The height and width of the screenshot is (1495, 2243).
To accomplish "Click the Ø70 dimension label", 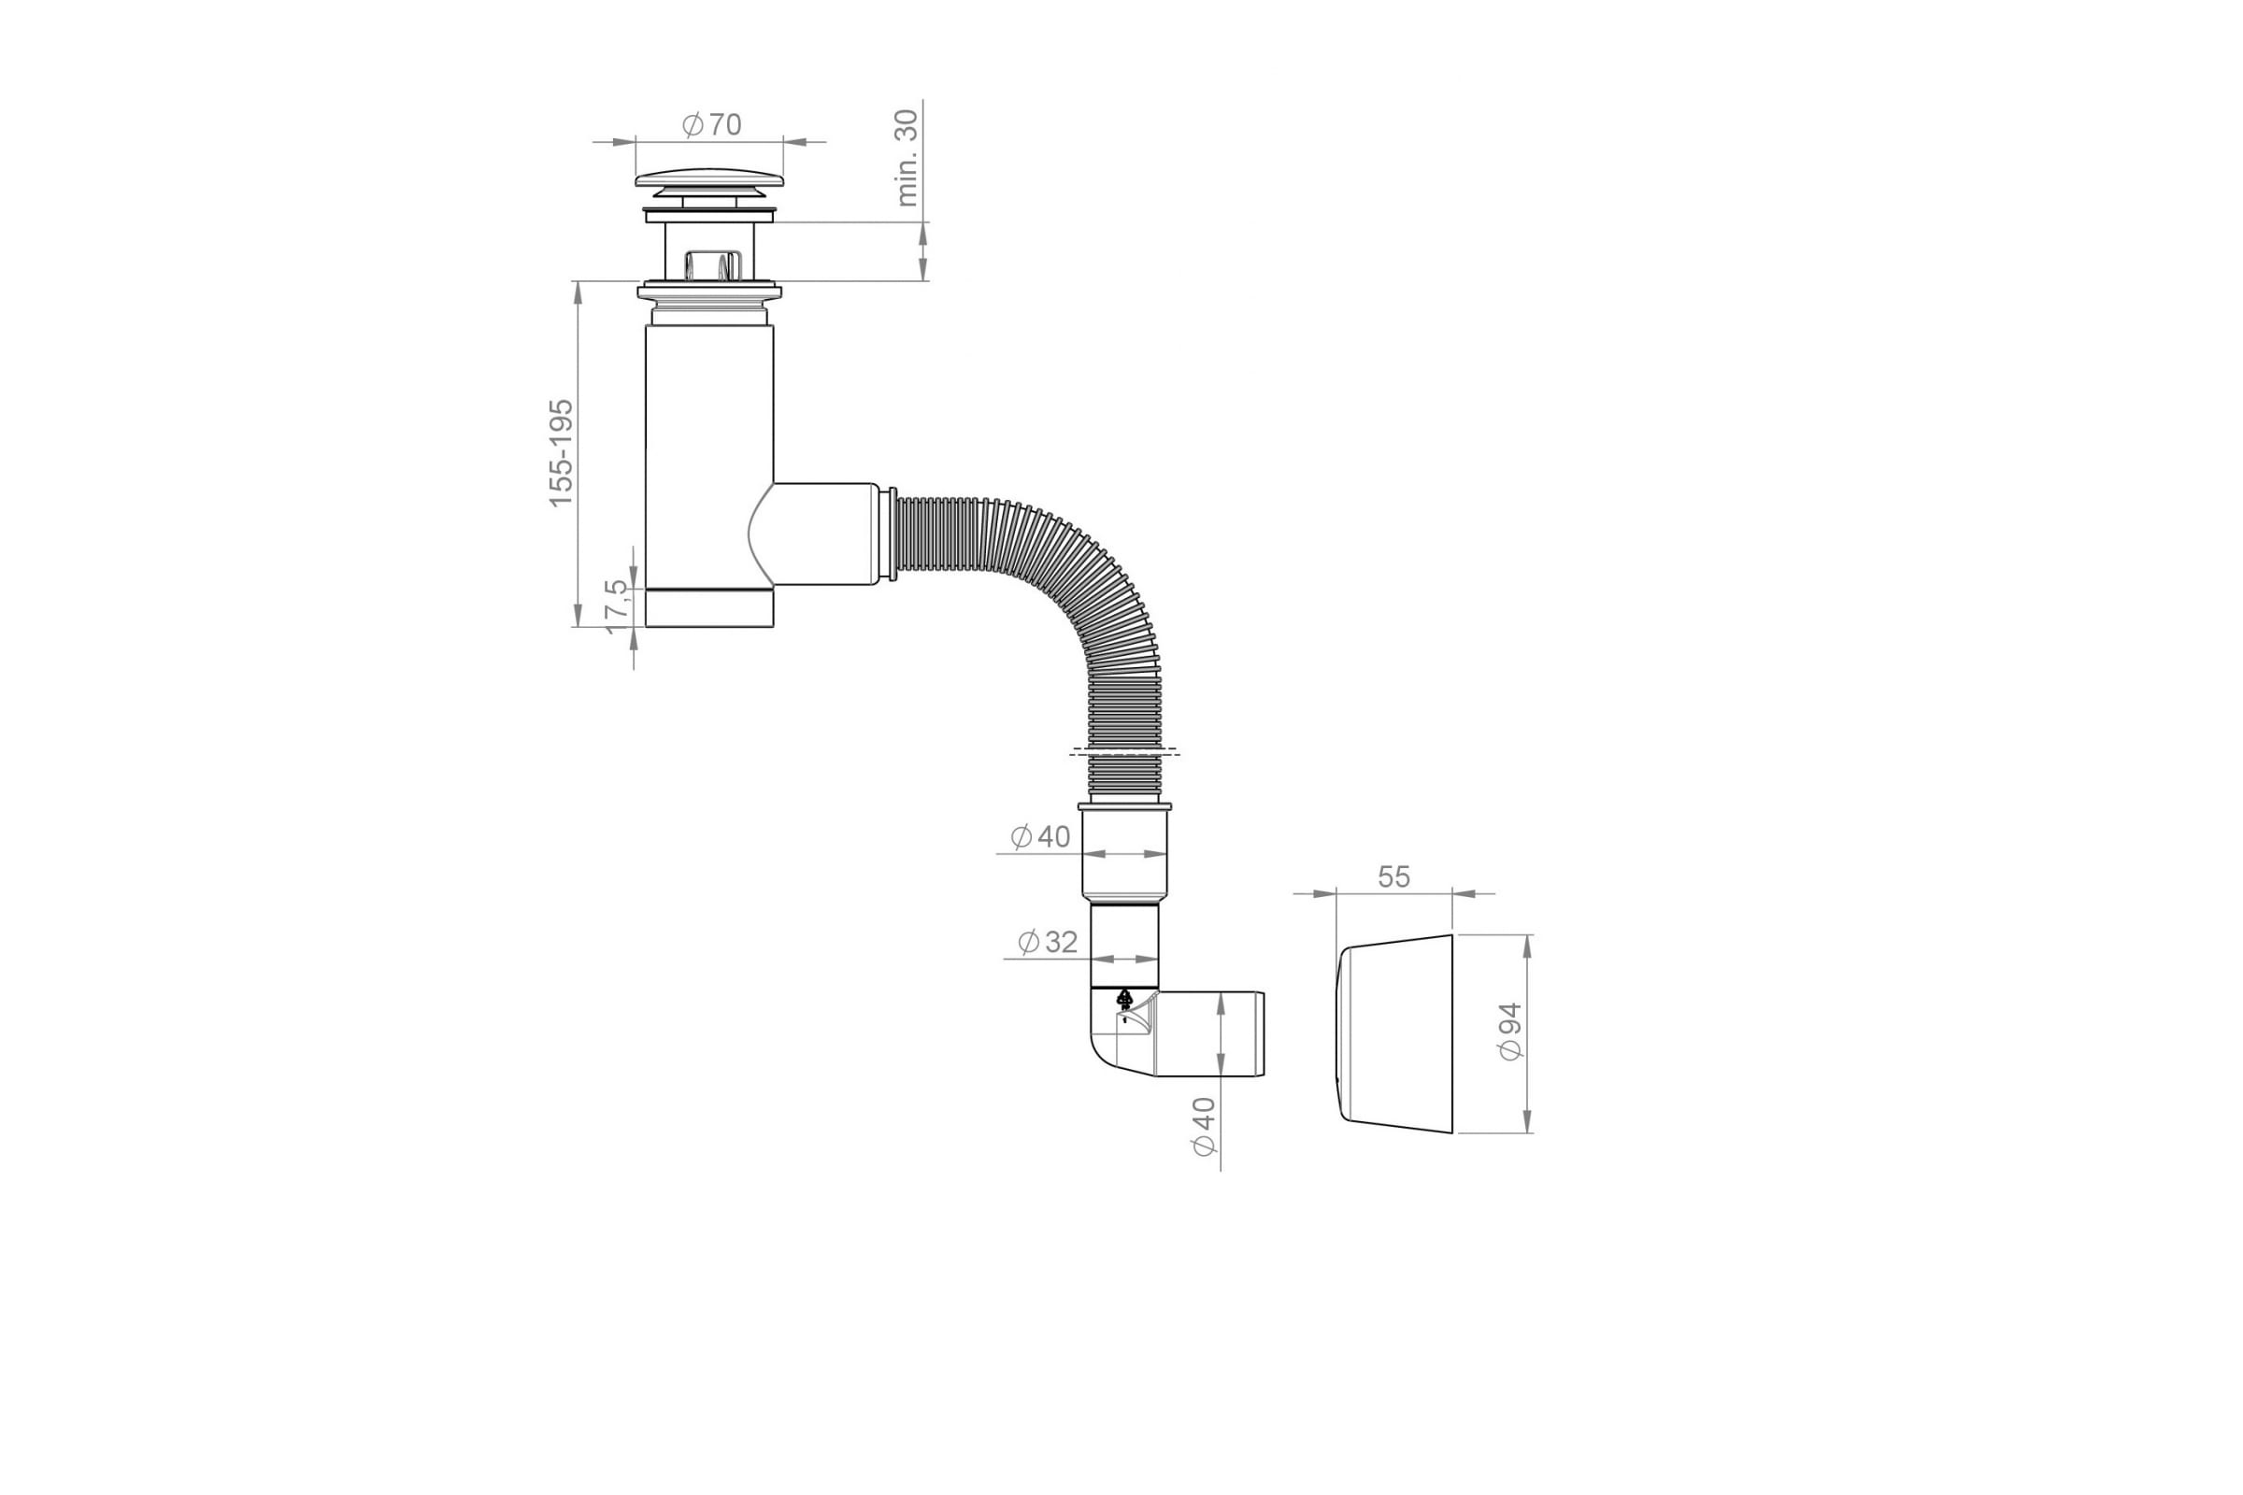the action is tap(712, 125).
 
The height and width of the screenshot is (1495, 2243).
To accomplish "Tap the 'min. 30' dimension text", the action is tap(907, 157).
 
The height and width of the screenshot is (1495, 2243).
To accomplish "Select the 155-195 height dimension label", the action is tap(562, 453).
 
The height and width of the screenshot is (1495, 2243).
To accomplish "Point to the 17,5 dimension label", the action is tap(619, 605).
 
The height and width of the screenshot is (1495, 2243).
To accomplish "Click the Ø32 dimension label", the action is tap(1048, 942).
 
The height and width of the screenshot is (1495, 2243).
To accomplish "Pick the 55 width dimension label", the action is tap(1393, 877).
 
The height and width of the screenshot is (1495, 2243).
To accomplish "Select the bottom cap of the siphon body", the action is tap(709, 608).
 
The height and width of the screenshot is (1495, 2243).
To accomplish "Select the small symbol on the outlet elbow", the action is tap(1124, 1001).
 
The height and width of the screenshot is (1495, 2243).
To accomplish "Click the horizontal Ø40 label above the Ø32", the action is tap(1040, 837).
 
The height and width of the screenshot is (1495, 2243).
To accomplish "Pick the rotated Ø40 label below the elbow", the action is tap(1205, 1127).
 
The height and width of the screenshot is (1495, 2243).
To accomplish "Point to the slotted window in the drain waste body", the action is tap(709, 263).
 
